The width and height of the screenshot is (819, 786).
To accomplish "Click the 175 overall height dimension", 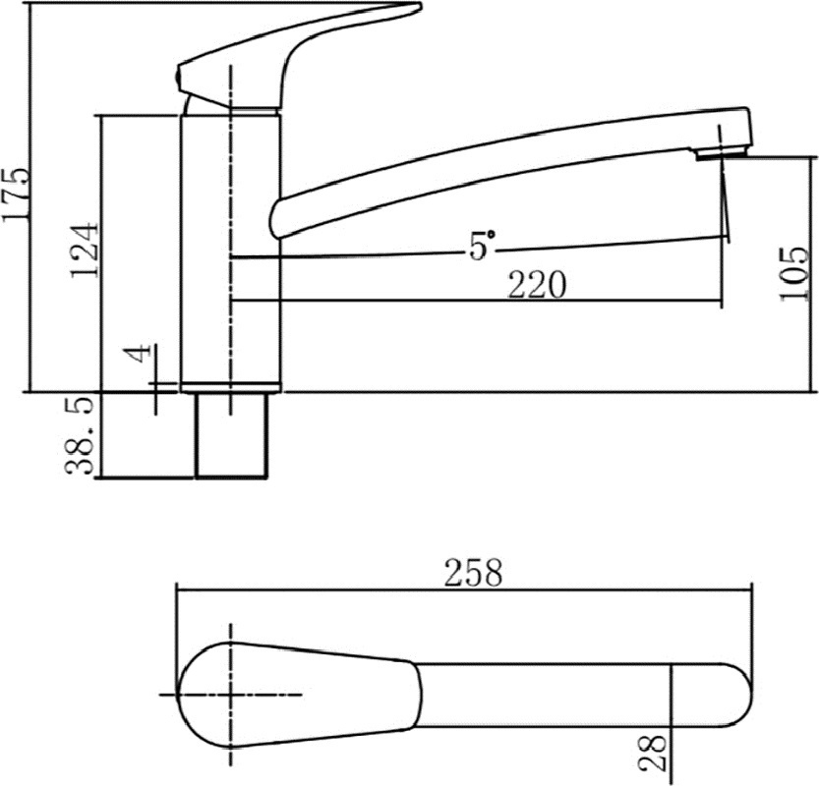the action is coord(17,195).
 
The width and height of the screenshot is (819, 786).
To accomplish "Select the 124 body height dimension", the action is coord(85,251).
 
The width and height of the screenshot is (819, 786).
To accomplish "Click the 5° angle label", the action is coord(481,246).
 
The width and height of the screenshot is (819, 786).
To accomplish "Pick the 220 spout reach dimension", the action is coord(537,285).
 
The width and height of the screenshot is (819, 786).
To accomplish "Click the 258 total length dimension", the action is coord(473,573).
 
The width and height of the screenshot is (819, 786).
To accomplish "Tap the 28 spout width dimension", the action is coord(654,753).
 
